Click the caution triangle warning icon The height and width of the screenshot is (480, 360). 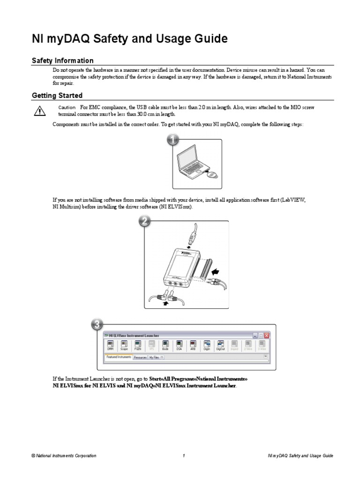coord(38,111)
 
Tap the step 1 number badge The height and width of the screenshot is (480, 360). coord(172,140)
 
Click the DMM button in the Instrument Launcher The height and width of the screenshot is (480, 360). coord(111,346)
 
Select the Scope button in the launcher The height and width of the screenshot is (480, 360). coord(124,346)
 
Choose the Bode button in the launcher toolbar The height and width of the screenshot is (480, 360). coord(165,346)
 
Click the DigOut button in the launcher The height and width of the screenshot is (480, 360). coord(220,346)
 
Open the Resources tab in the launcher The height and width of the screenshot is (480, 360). coord(140,357)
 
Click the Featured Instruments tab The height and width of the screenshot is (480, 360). coord(119,357)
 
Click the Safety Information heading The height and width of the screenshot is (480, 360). coord(62,60)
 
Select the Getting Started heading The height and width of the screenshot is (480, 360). coord(57,96)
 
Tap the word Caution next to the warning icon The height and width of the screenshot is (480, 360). coord(67,108)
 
